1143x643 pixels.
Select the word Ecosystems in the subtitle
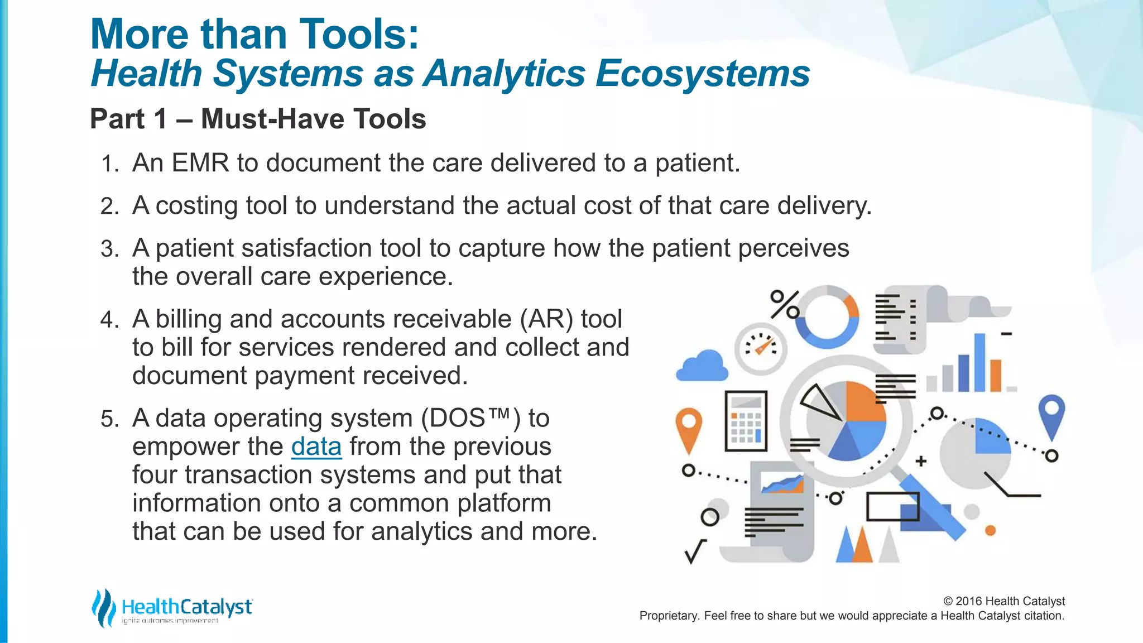click(x=702, y=74)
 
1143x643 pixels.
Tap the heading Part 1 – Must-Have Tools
click(x=258, y=119)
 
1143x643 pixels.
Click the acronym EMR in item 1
click(x=200, y=163)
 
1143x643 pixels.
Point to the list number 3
click(x=109, y=249)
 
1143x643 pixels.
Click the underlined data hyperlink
click(x=316, y=447)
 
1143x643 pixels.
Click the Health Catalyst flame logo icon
click(x=103, y=607)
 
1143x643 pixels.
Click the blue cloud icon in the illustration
click(x=702, y=367)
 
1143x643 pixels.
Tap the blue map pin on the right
click(x=1051, y=416)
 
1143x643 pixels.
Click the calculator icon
click(x=746, y=421)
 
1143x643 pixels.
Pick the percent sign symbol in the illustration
click(x=784, y=304)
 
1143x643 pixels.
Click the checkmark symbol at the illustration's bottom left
click(x=695, y=551)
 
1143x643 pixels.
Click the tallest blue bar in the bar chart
click(x=979, y=363)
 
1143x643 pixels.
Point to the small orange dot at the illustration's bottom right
click(x=990, y=530)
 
